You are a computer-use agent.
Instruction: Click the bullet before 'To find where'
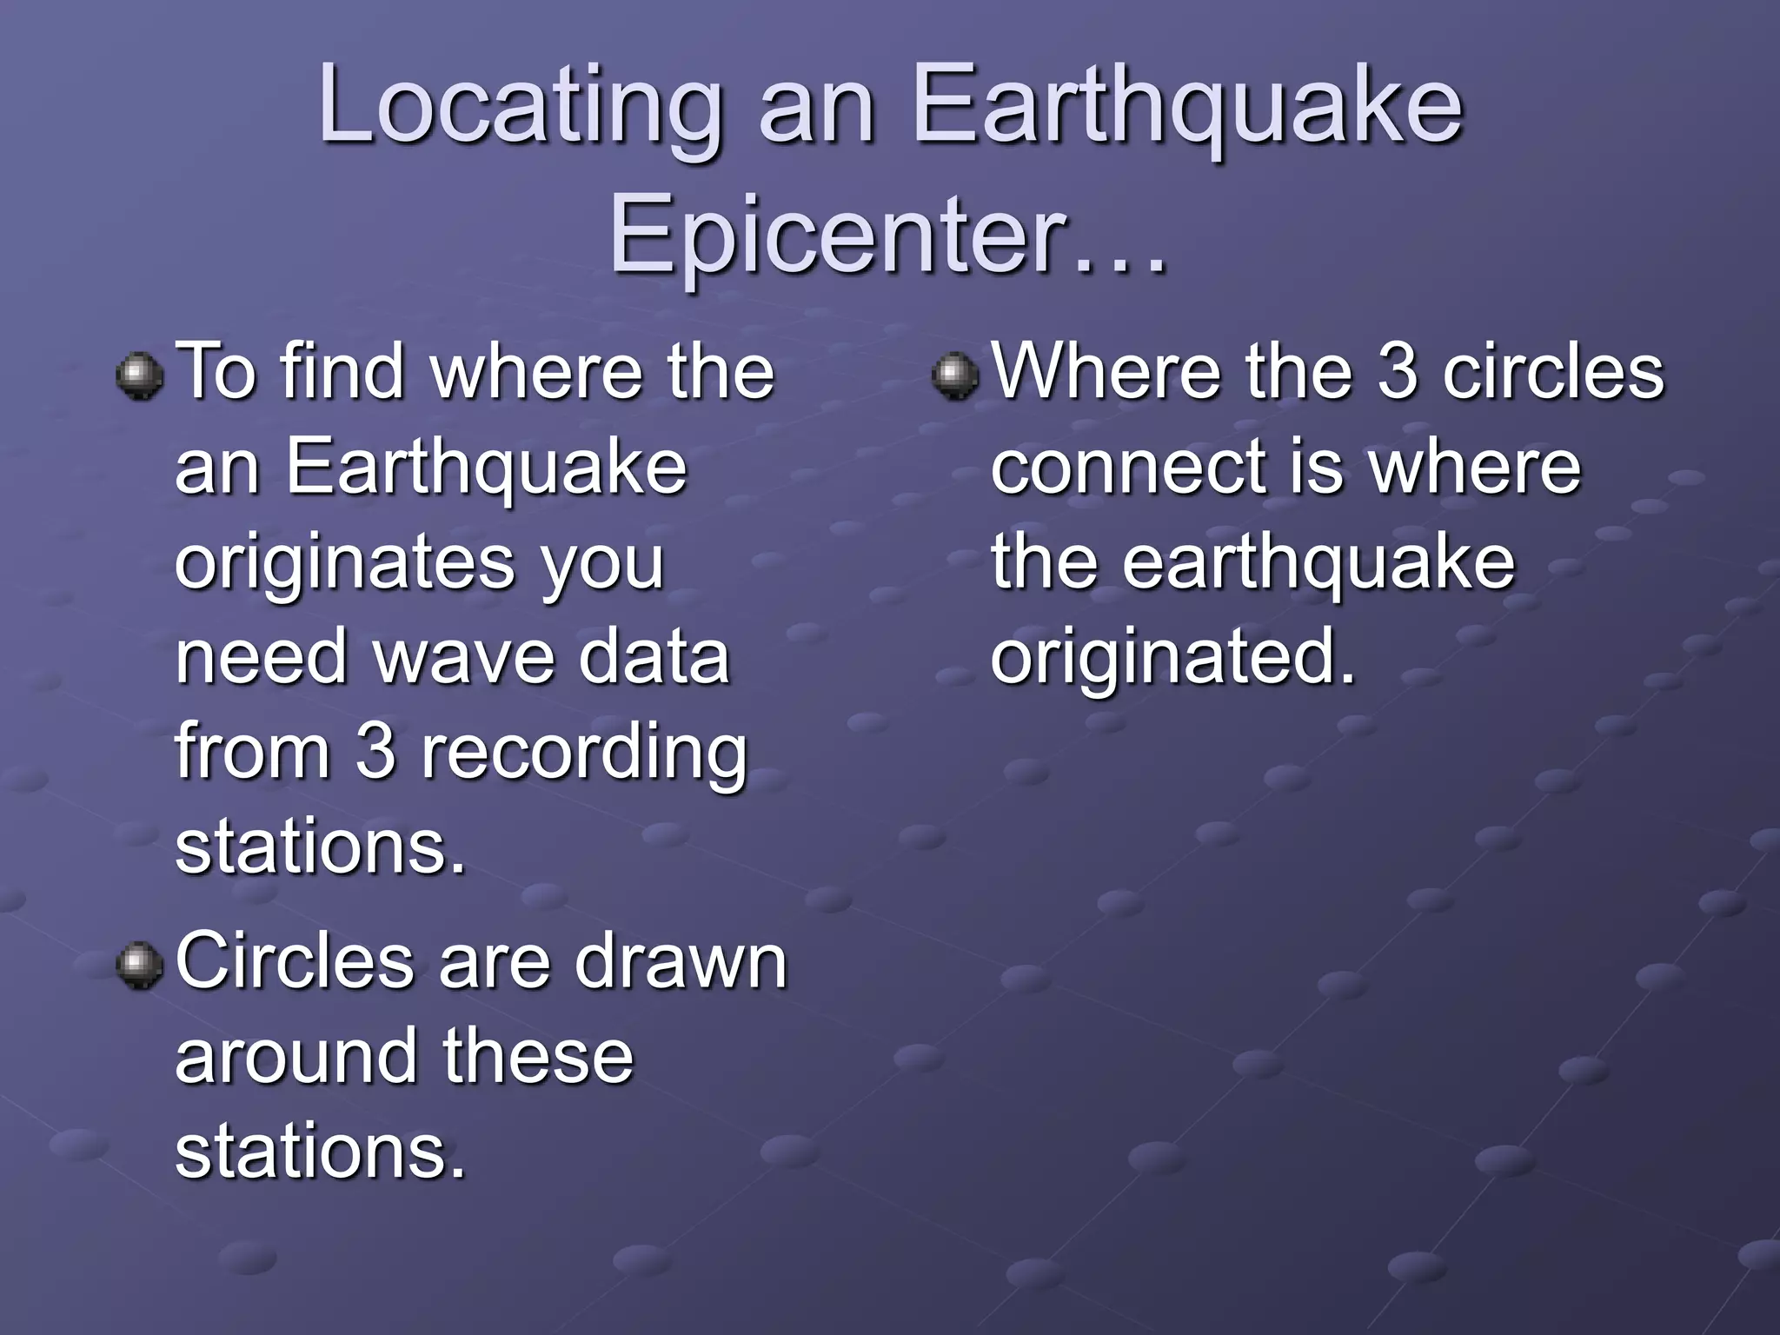pyautogui.click(x=139, y=376)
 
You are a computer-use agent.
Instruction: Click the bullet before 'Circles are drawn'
pyautogui.click(x=139, y=967)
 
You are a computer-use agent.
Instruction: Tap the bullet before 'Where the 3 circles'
pyautogui.click(x=954, y=376)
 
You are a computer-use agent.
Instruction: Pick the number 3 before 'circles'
pyautogui.click(x=1398, y=372)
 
